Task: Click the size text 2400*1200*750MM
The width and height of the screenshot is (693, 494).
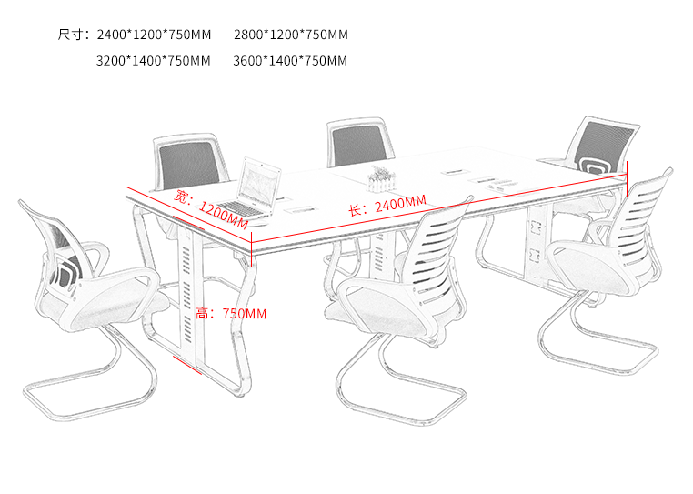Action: tap(154, 35)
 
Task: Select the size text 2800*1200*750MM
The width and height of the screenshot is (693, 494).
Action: tap(291, 35)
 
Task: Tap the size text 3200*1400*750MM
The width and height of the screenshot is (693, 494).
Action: tap(154, 61)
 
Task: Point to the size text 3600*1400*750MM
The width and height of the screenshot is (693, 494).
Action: tap(290, 61)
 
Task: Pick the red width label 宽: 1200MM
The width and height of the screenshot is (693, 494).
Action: tap(212, 209)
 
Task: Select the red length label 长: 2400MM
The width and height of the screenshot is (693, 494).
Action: tap(387, 205)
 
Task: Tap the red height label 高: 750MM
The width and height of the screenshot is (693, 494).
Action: tap(231, 314)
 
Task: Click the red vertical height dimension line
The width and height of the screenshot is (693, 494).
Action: tap(187, 292)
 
